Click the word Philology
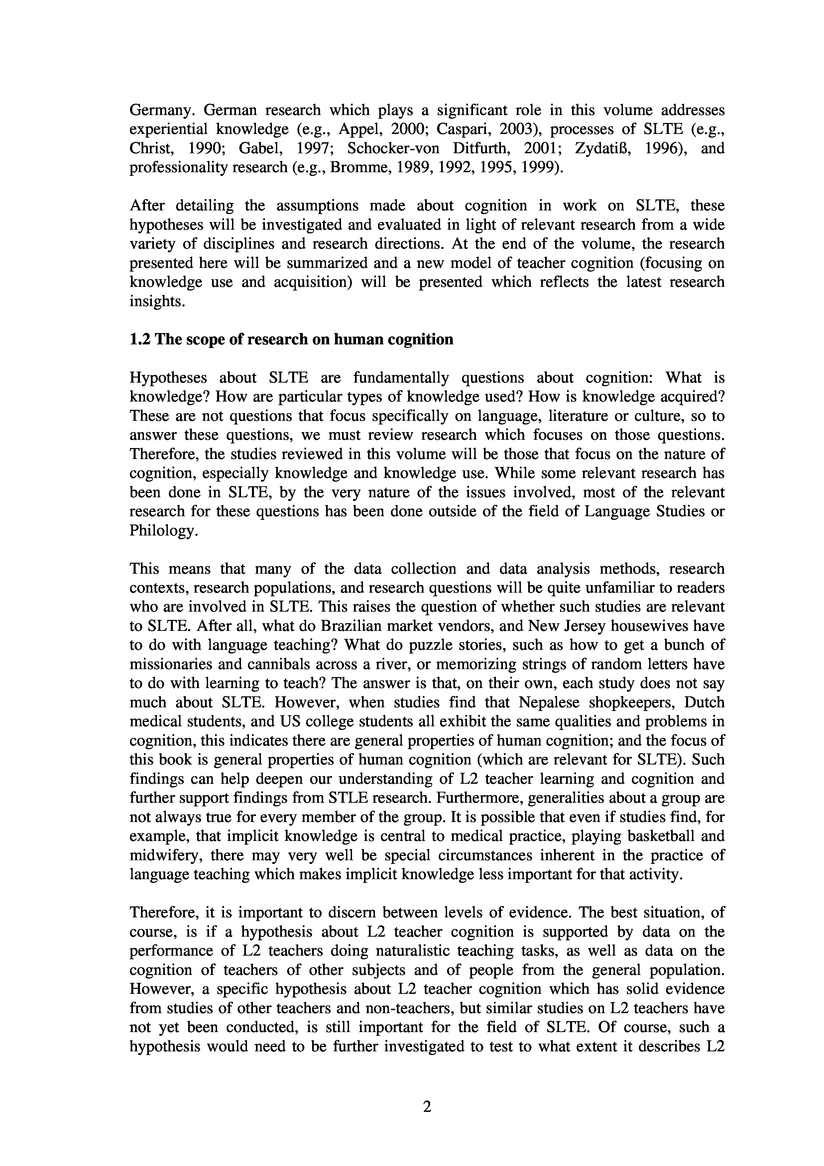click(x=162, y=531)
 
